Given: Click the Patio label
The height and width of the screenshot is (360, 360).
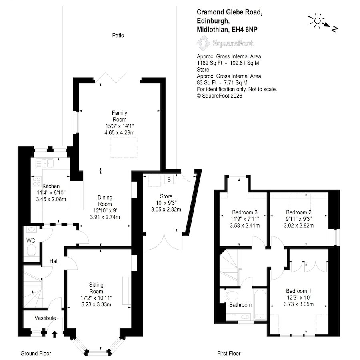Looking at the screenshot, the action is (118, 35).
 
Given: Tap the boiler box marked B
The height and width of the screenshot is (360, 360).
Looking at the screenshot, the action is (169, 180).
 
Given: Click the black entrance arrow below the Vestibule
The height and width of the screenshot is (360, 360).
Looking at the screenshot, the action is (55, 334).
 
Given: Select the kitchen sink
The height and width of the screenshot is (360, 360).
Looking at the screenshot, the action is (45, 163).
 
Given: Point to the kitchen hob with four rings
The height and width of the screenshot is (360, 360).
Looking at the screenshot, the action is (36, 181).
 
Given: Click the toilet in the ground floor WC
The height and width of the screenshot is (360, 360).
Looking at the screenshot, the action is (31, 250).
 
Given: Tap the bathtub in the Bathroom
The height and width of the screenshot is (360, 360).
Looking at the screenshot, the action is (260, 304).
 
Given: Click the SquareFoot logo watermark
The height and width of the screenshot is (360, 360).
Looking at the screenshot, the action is (225, 43).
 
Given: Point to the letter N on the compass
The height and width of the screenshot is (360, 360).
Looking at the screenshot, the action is (334, 29).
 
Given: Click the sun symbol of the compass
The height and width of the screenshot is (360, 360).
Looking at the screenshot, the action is (317, 21).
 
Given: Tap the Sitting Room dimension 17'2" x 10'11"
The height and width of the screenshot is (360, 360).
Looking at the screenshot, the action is (96, 298).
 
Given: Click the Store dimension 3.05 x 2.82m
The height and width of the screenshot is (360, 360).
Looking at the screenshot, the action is (166, 209).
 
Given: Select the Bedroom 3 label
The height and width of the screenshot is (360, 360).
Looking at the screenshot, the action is (245, 212).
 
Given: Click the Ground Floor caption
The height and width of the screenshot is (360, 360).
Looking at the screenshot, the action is (36, 353).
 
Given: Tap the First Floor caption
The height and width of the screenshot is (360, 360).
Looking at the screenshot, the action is (229, 353).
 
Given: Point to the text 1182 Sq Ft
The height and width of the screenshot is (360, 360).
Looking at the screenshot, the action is (210, 63).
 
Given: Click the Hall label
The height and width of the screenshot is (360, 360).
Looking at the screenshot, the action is (54, 261).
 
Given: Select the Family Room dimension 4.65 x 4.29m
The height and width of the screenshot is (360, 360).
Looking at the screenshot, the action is (119, 132).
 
